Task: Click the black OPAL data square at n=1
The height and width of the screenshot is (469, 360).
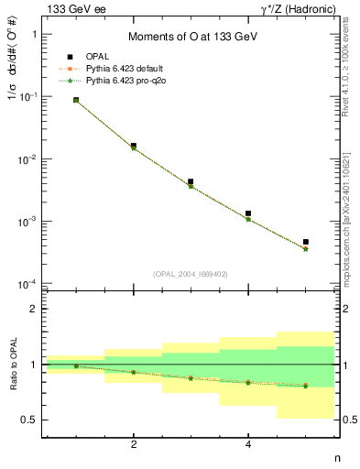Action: coord(76,100)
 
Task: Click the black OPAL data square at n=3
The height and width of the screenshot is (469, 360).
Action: coord(191,182)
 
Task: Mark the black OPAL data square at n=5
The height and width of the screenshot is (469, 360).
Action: coord(305,242)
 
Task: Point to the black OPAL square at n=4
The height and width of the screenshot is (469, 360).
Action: coord(248,213)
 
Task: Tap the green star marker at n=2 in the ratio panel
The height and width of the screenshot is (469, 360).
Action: coord(134,372)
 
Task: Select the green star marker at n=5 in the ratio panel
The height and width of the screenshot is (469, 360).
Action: coord(305,386)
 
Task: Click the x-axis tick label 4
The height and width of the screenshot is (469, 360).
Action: coord(248,445)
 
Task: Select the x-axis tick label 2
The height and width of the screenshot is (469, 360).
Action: coord(134,445)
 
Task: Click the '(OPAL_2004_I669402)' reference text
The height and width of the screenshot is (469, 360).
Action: coord(191,273)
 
